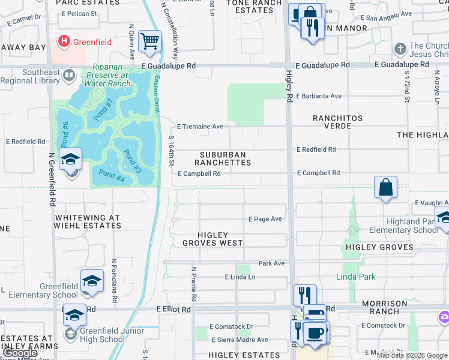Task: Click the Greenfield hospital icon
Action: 64,41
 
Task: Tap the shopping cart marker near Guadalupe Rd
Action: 149,42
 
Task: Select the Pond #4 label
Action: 112,178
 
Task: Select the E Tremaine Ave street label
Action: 200,127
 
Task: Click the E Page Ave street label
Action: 265,219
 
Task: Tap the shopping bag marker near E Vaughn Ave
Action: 385,187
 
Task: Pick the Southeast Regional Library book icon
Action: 68,76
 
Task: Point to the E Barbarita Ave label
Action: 318,96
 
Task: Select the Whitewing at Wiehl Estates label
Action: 88,222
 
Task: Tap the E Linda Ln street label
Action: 240,277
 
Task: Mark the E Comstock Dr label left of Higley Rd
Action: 231,327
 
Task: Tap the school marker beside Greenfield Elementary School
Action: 92,281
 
